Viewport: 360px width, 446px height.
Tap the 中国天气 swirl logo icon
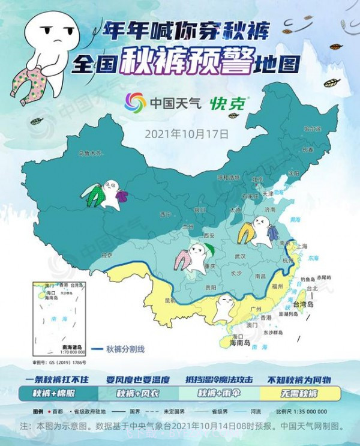tap(135, 103)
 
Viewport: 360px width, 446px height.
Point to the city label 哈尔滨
tap(312, 129)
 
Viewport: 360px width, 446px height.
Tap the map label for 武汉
tap(240, 256)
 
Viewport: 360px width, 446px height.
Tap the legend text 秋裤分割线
tap(125, 349)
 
